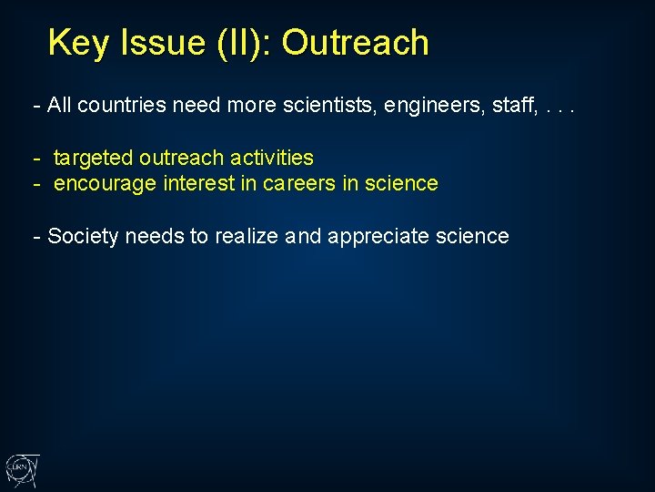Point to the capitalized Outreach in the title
click(355, 43)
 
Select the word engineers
click(426, 106)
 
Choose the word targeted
click(93, 159)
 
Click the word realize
click(247, 237)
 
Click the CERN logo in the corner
click(21, 470)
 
